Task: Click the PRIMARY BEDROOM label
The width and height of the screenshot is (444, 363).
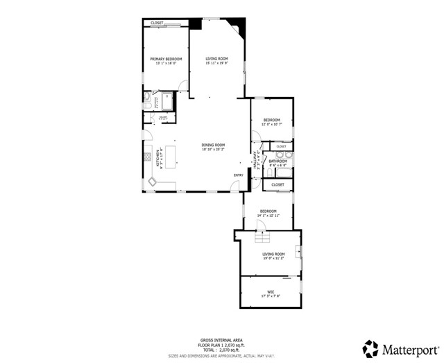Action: (166, 59)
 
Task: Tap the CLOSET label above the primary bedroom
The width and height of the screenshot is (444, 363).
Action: (157, 23)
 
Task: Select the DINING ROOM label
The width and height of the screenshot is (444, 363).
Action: (213, 145)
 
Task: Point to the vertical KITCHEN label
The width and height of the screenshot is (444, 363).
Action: (160, 157)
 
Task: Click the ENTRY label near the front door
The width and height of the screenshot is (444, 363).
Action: (238, 175)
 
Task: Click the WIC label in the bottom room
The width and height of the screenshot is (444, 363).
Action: (271, 292)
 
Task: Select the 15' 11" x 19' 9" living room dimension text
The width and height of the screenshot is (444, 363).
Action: (216, 63)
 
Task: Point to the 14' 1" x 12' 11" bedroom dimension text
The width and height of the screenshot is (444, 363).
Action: (268, 215)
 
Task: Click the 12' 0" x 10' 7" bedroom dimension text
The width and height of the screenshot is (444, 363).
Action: (271, 124)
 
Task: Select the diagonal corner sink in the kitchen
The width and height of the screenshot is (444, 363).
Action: (152, 181)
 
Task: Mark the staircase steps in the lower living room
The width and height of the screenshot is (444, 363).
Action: (262, 239)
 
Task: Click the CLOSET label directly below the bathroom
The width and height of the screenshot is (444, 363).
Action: (277, 185)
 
